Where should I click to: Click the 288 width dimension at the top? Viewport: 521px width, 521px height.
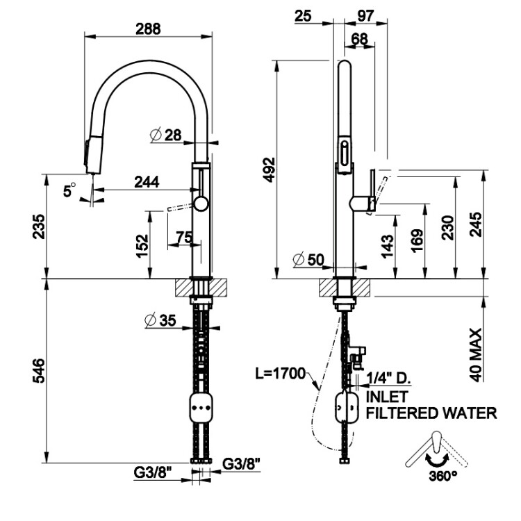pos(148,28)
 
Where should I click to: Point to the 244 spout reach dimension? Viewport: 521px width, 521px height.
pos(146,182)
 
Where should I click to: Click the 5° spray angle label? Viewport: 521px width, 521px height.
pos(68,189)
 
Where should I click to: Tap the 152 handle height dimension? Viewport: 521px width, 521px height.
pos(141,243)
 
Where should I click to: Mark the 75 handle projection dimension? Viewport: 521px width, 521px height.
pos(184,238)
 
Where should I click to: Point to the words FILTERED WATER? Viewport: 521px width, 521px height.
pos(431,413)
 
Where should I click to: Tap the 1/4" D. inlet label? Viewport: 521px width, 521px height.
pos(390,379)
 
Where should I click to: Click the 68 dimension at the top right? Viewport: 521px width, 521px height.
pos(360,40)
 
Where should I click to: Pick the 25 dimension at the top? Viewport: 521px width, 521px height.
pos(303,15)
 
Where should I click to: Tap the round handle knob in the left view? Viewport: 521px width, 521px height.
pos(201,204)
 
